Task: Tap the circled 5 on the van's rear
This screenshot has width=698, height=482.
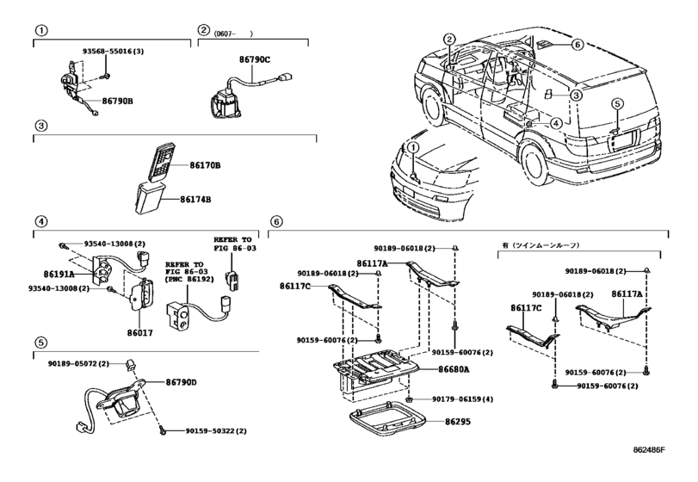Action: pos(616,105)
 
